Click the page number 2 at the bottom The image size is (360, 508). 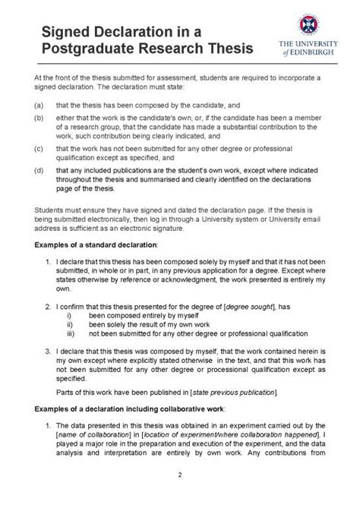(179, 496)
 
